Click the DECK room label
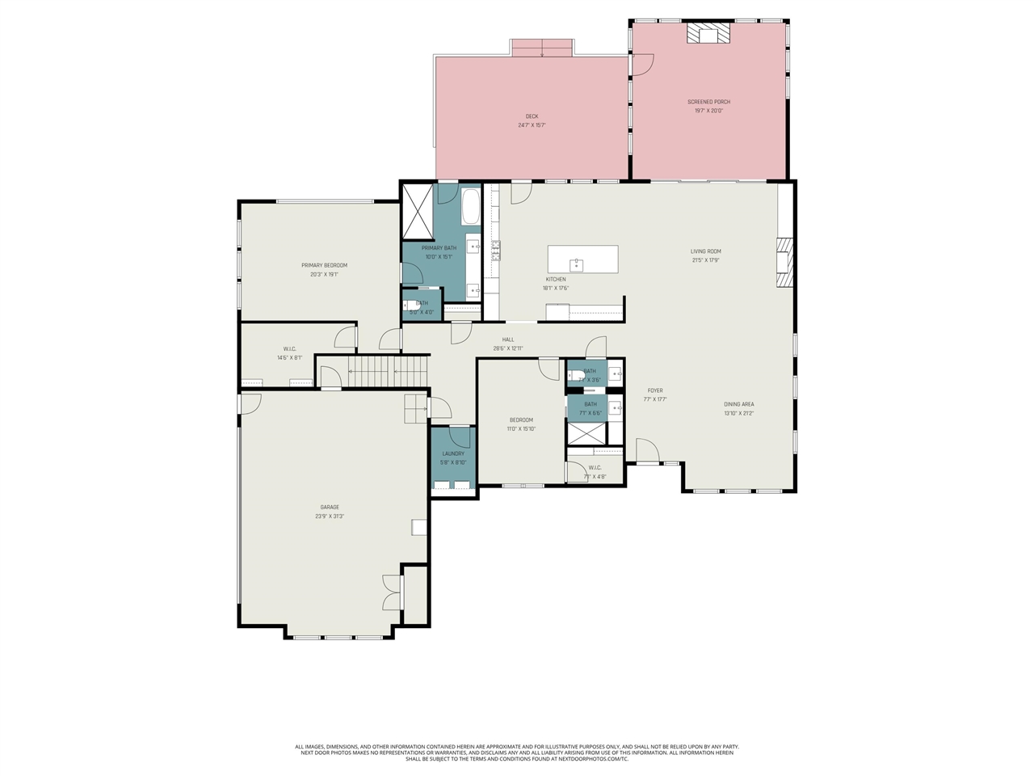tap(532, 116)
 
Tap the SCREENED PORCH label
tap(708, 102)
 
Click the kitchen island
tap(582, 259)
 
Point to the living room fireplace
tap(784, 262)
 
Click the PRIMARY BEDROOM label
tap(324, 265)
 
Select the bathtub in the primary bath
tap(471, 207)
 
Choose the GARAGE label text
tap(330, 507)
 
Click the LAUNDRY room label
tap(453, 453)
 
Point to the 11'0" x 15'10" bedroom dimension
tap(521, 429)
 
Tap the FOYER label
tap(655, 390)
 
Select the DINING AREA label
tap(738, 404)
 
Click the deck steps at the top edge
tap(542, 48)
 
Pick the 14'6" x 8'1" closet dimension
tap(289, 357)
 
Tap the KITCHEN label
tap(555, 279)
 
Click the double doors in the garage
tap(392, 593)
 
